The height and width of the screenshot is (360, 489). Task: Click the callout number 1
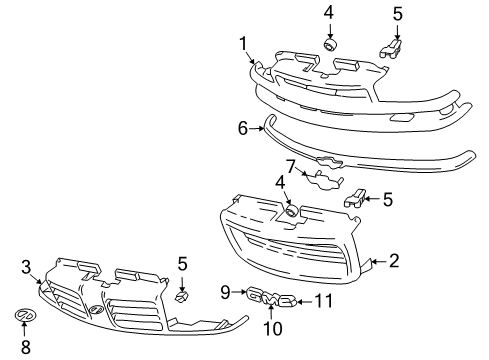(x=243, y=42)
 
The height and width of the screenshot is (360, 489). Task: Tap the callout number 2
(x=393, y=262)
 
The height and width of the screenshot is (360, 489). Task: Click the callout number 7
(x=290, y=165)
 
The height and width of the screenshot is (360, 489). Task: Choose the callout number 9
(x=226, y=292)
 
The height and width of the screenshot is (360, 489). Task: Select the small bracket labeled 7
(x=324, y=181)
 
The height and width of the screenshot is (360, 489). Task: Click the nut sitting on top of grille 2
(x=291, y=210)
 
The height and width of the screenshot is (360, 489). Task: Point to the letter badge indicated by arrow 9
(x=254, y=295)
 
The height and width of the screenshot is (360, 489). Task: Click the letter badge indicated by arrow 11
(x=287, y=300)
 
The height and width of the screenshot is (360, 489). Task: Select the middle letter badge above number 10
(x=270, y=298)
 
